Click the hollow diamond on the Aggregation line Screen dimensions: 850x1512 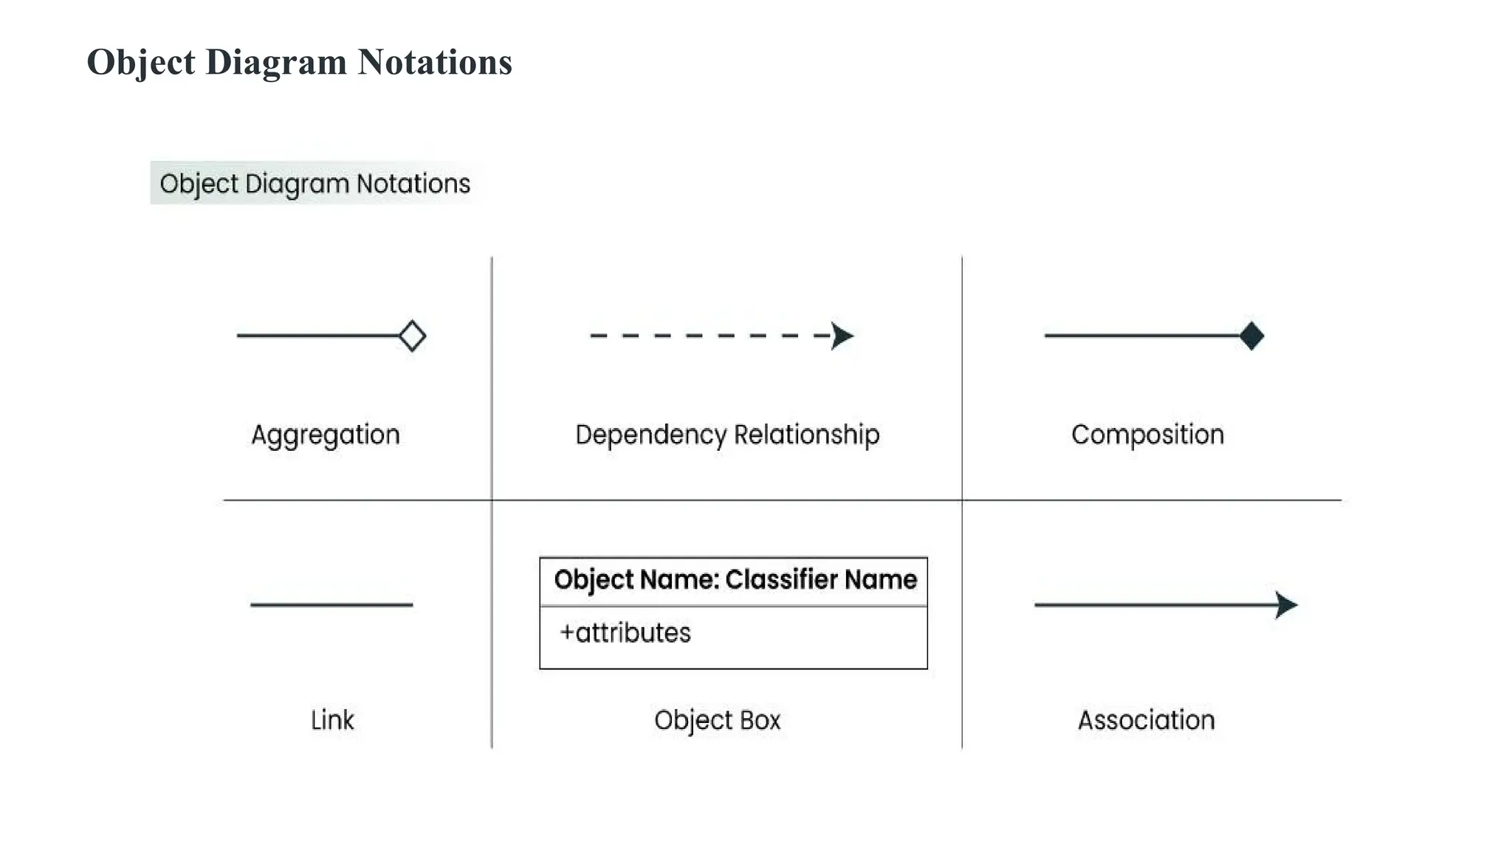412,336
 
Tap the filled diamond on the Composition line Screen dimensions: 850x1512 1251,336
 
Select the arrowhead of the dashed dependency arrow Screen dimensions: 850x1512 841,336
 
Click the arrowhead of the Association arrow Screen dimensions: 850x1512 1285,605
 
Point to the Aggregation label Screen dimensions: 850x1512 326,435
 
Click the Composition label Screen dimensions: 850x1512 1147,435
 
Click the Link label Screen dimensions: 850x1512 332,720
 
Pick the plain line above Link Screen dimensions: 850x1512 331,605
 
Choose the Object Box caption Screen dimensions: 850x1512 717,720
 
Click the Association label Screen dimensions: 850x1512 1146,720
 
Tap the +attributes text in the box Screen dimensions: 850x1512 625,633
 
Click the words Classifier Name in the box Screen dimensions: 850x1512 820,580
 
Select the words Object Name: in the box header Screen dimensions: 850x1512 636,580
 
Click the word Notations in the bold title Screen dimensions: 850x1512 435,62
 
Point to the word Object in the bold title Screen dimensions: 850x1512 141,62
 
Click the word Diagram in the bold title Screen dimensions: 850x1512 276,62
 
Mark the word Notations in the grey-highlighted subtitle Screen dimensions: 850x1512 413,184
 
